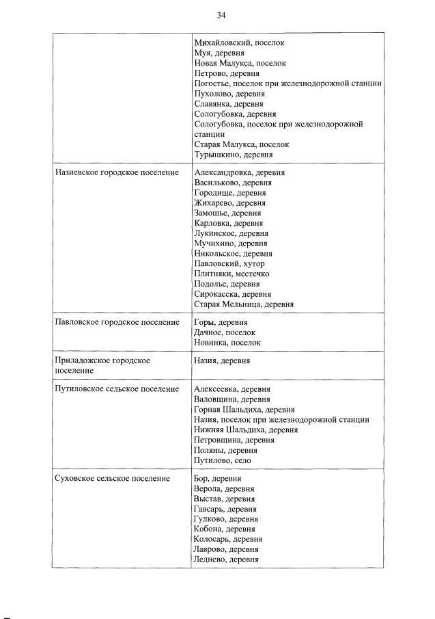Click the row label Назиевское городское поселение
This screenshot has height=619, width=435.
116,173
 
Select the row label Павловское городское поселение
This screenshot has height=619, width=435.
116,322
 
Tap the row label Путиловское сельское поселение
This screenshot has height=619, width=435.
116,389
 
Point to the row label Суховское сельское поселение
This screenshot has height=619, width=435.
112,479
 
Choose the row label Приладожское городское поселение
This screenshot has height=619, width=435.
102,365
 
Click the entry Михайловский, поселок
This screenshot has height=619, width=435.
239,42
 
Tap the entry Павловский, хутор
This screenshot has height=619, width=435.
229,263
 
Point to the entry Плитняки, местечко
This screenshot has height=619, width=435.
231,274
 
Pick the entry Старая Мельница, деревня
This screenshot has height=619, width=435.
244,304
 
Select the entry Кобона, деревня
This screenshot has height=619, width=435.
225,529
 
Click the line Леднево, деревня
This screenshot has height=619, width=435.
226,559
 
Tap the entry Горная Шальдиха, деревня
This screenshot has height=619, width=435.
244,410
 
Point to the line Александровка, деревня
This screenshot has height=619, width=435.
240,173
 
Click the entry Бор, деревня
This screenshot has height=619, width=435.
217,479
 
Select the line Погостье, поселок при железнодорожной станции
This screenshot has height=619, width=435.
287,83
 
